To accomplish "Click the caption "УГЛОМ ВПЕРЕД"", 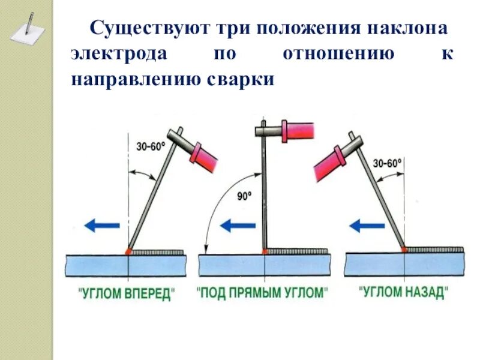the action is [x=127, y=294].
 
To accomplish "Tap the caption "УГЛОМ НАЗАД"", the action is [x=403, y=293].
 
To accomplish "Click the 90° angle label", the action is [x=244, y=195].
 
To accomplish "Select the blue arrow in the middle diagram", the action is [x=236, y=226].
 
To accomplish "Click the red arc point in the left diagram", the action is [x=128, y=251].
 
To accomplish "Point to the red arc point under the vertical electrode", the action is [x=265, y=251].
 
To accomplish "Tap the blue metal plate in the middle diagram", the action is [x=264, y=265].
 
